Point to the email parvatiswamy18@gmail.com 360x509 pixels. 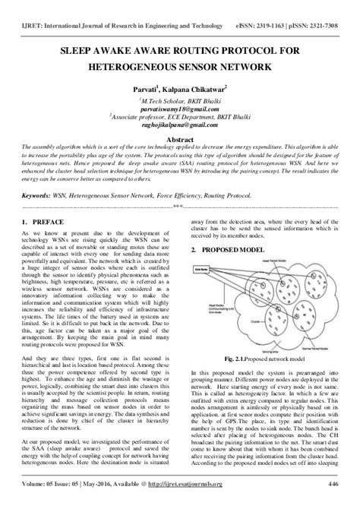pos(179,108)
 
